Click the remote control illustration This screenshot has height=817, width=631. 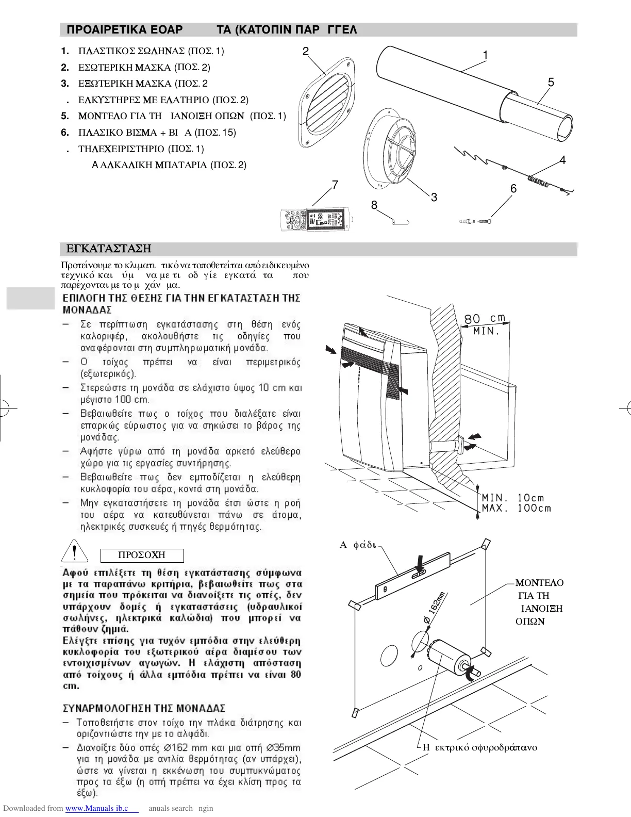tap(313, 219)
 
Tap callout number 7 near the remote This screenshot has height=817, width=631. tap(335, 185)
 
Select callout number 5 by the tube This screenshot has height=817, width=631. tap(551, 83)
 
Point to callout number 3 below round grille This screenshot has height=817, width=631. tap(434, 198)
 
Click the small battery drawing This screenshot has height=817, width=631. tap(399, 222)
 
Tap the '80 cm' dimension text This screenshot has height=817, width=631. tap(485, 318)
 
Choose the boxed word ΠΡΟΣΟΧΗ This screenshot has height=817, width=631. tap(142, 555)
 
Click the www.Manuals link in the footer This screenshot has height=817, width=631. tap(102, 808)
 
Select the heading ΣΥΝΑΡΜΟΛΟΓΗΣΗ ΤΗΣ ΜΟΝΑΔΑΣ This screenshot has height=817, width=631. tap(144, 708)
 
